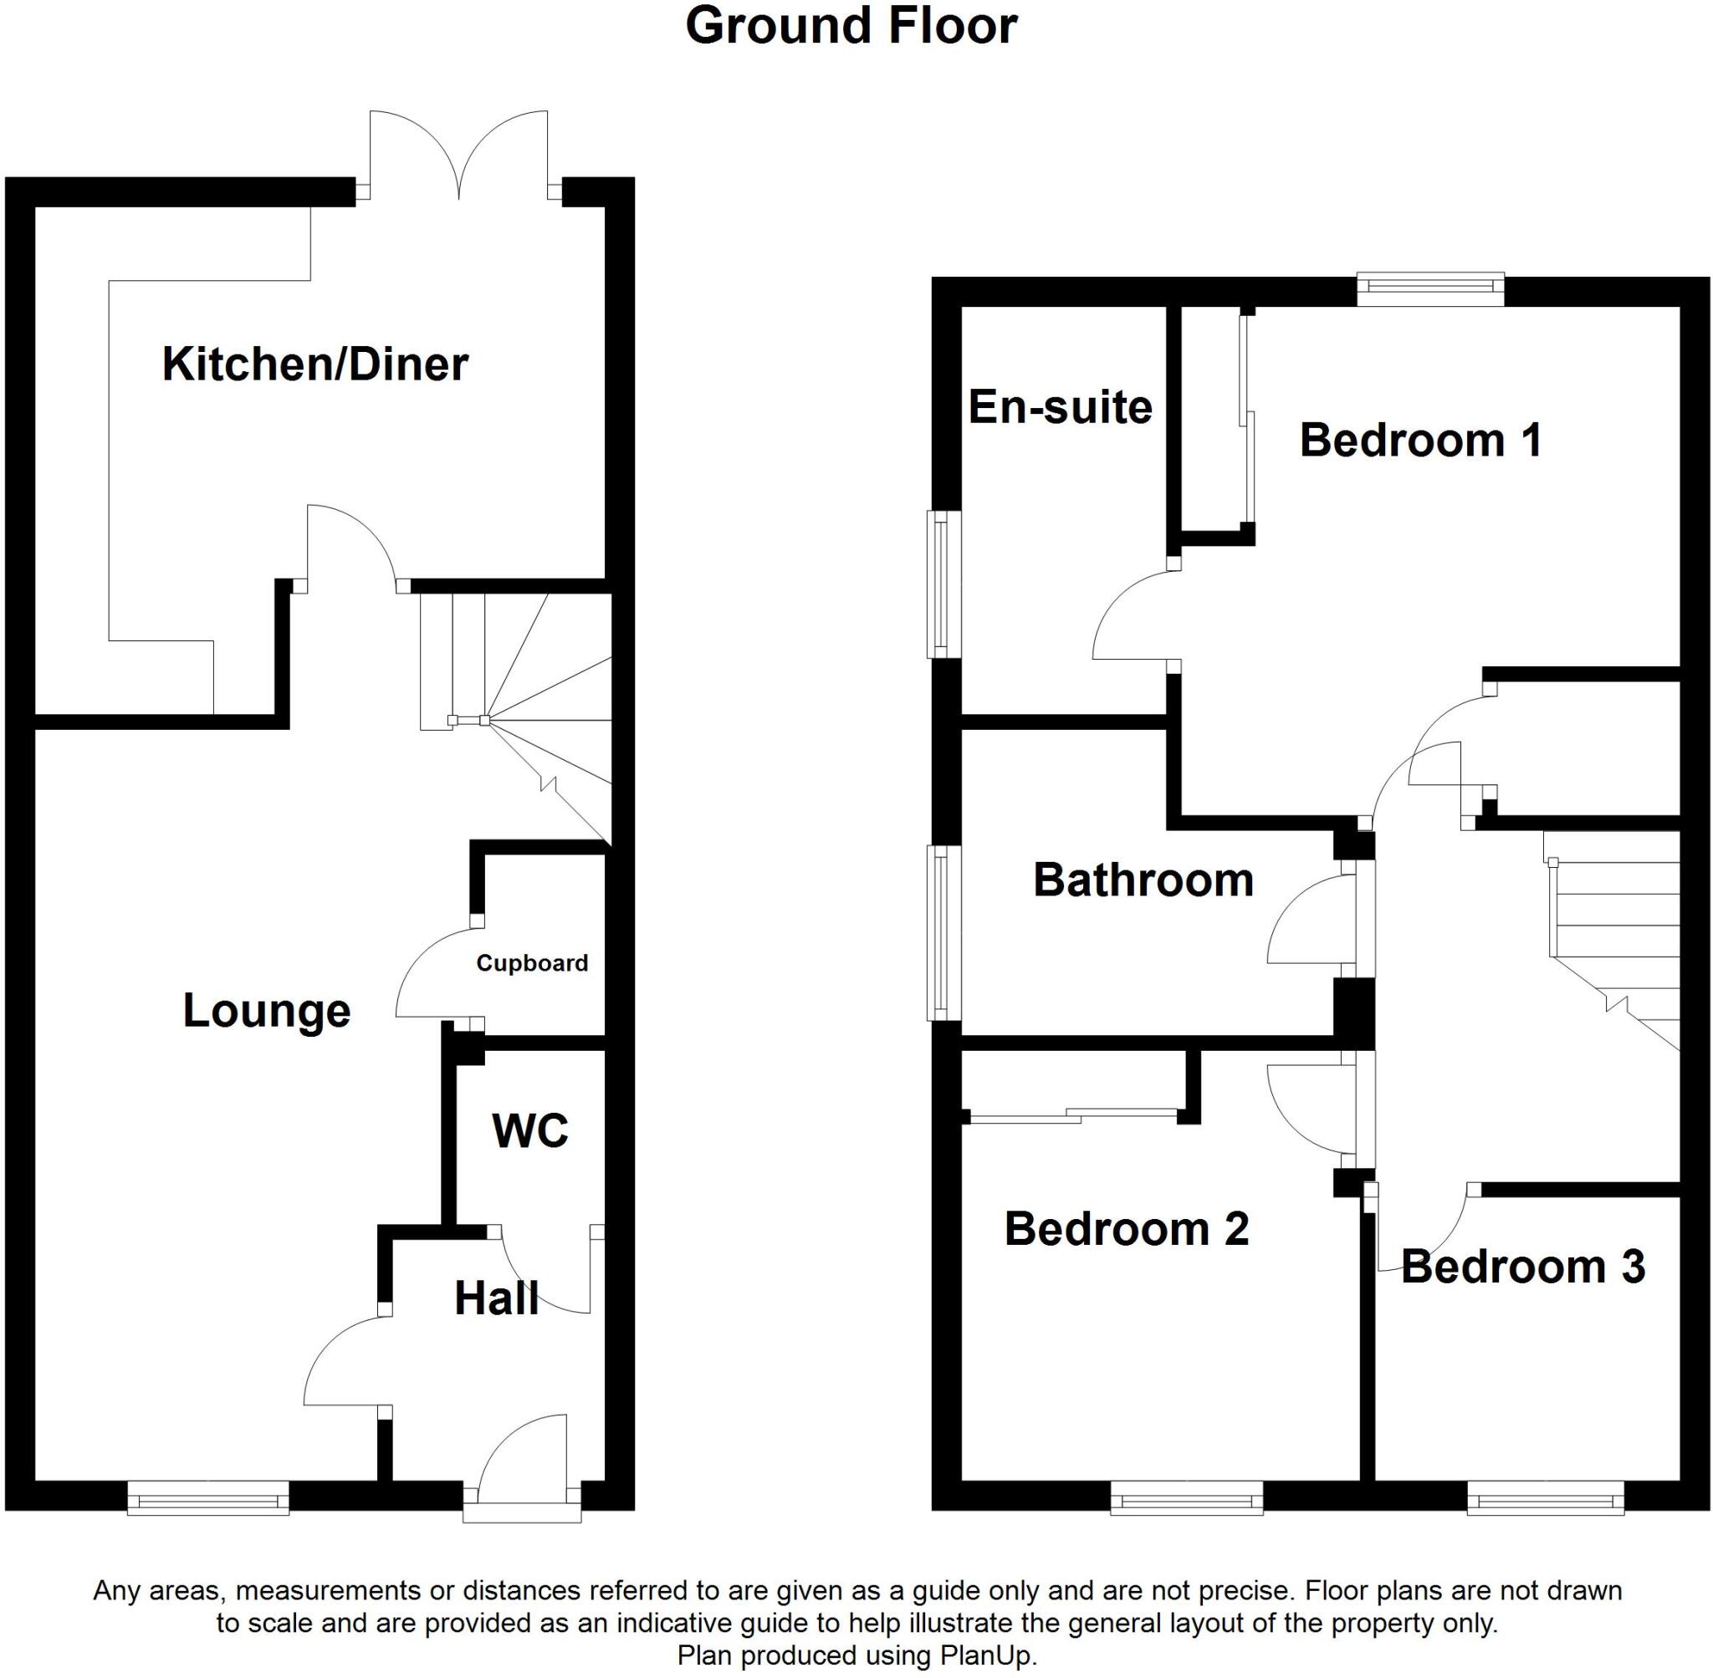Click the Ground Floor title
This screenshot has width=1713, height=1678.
851,27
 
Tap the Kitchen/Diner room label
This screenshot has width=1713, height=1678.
314,364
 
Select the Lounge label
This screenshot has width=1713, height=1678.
266,1011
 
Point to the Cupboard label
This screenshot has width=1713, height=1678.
532,963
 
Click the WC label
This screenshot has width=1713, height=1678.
529,1130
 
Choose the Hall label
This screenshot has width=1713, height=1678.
496,1299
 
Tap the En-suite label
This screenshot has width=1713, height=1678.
1060,407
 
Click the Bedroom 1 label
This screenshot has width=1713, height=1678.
1420,440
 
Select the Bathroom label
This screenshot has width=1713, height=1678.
1143,880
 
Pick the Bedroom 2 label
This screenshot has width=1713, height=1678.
1126,1228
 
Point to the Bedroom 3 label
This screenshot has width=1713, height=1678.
1522,1267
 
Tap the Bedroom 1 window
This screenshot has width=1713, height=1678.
1430,288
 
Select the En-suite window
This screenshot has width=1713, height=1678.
943,584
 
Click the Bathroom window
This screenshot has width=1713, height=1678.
943,932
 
